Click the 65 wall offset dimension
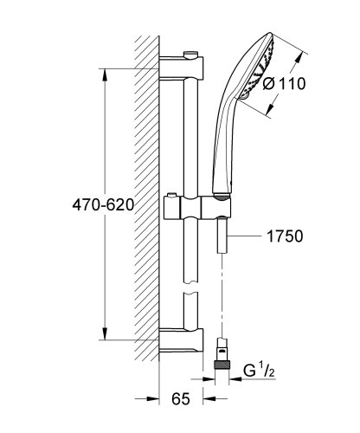click(174, 399)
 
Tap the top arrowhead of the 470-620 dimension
click(106, 74)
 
